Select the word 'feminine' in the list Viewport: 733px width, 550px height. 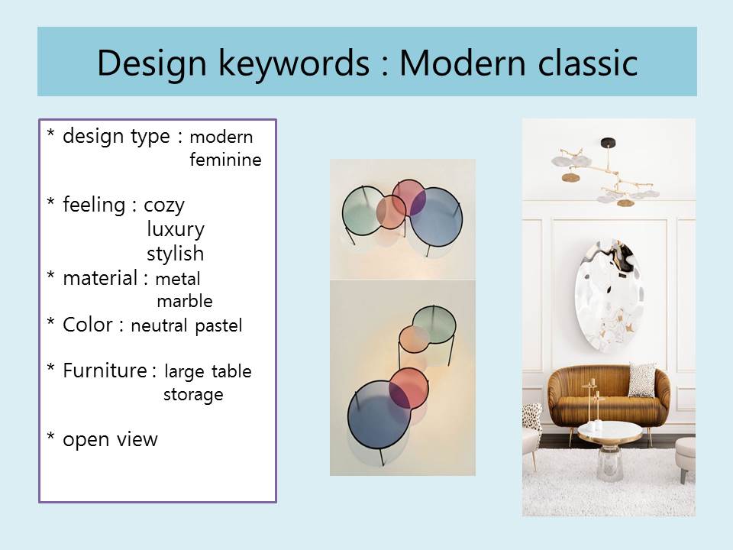(x=225, y=160)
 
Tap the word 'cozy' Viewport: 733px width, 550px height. (x=164, y=205)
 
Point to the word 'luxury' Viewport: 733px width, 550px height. (x=176, y=230)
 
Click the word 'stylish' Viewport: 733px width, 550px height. (x=176, y=254)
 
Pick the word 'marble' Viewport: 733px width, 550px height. (x=185, y=301)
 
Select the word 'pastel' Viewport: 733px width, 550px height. (x=219, y=326)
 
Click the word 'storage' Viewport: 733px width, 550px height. (x=193, y=395)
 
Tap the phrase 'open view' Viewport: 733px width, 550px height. (x=110, y=440)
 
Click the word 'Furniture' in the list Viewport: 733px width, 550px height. (x=105, y=370)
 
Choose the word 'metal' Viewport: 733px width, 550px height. (x=178, y=279)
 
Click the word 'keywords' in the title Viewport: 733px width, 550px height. (x=294, y=63)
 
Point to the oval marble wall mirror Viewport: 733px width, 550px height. (x=609, y=296)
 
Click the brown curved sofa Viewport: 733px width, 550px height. (x=609, y=397)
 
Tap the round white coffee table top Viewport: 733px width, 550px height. (x=609, y=431)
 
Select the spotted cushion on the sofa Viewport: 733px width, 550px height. (x=641, y=380)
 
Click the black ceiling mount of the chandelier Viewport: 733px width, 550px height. (x=608, y=142)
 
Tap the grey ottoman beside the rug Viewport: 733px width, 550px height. (x=686, y=456)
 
